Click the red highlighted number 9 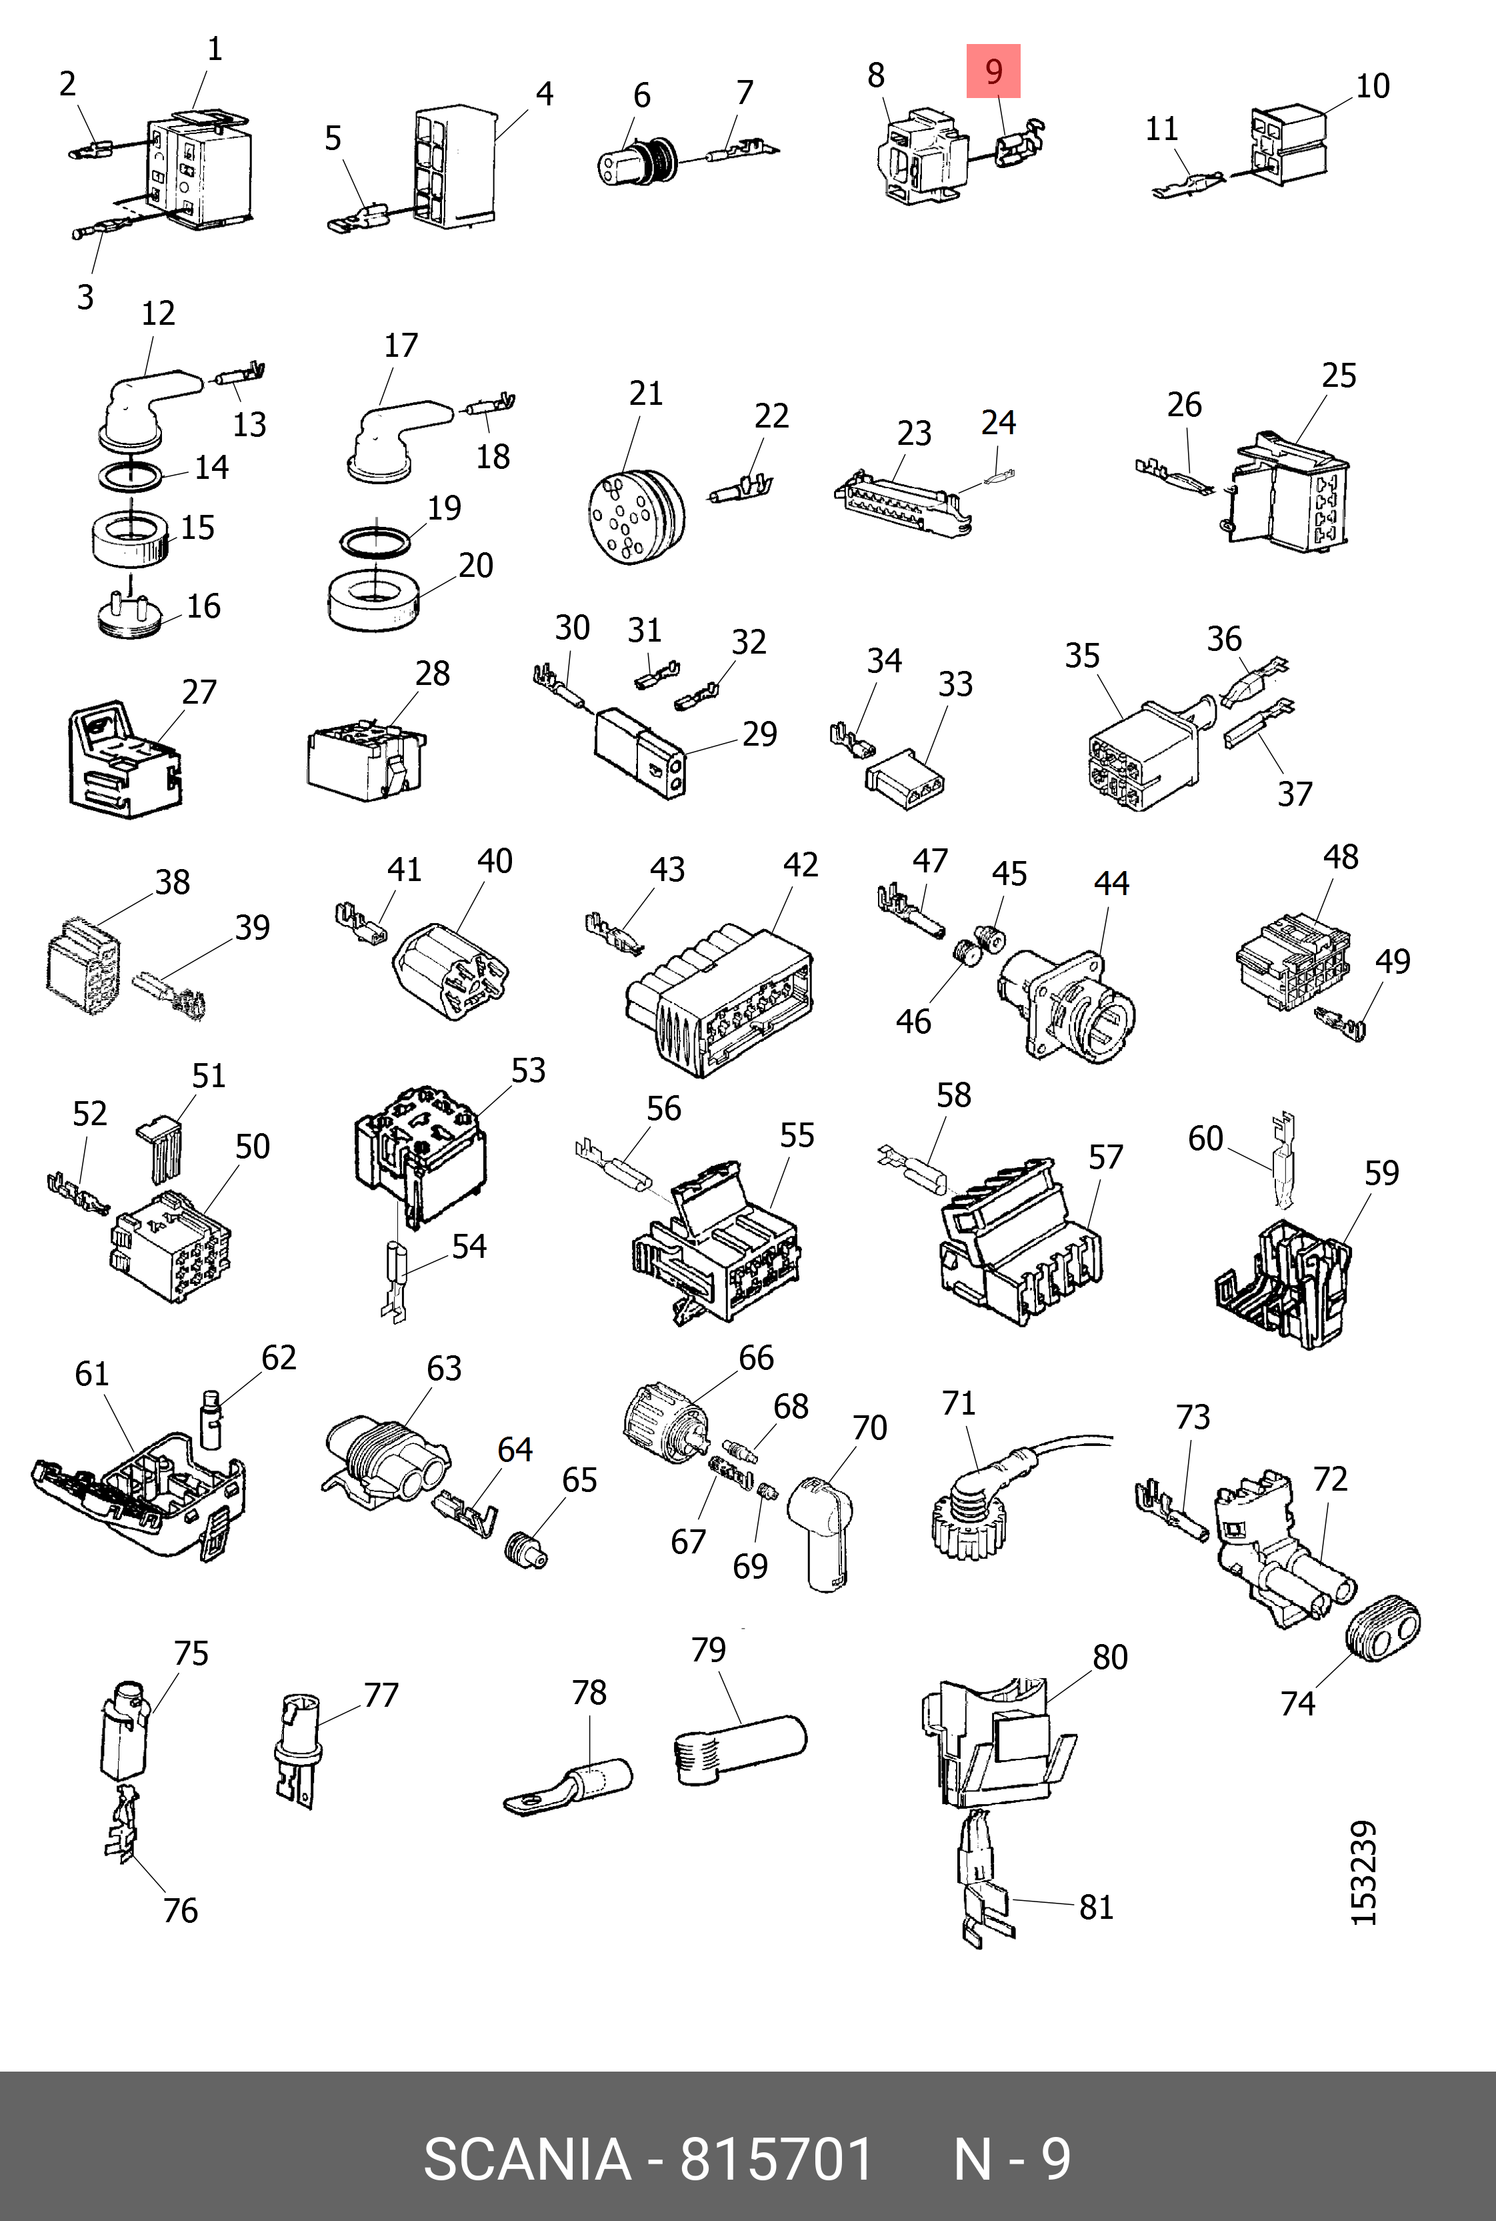pos(993,71)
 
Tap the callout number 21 pos(646,394)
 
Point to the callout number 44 pos(1111,884)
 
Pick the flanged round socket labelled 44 pos(1069,1003)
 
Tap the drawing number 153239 pos(1365,1873)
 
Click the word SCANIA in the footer pos(527,2160)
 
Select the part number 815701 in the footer pos(777,2160)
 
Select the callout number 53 pos(527,1071)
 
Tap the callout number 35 pos(1082,656)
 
